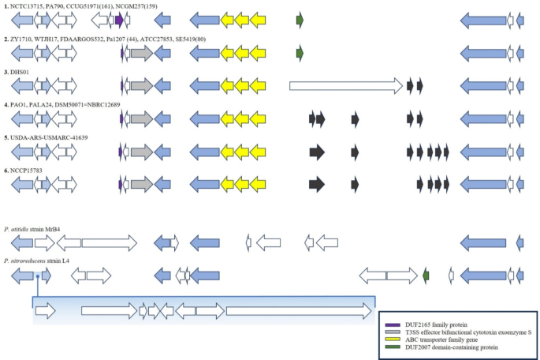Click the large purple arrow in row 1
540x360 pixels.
pyautogui.click(x=118, y=20)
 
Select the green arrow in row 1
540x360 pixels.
pyautogui.click(x=300, y=20)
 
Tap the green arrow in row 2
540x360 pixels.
pyautogui.click(x=300, y=53)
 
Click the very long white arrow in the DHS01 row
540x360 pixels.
pyautogui.click(x=345, y=85)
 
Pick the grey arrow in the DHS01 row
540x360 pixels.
pyautogui.click(x=141, y=85)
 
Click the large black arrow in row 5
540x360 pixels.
pyautogui.click(x=317, y=151)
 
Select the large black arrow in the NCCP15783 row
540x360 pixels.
pyautogui.click(x=317, y=184)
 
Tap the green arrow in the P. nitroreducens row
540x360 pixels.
pyautogui.click(x=426, y=275)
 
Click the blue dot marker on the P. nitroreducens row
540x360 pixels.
pyautogui.click(x=37, y=276)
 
